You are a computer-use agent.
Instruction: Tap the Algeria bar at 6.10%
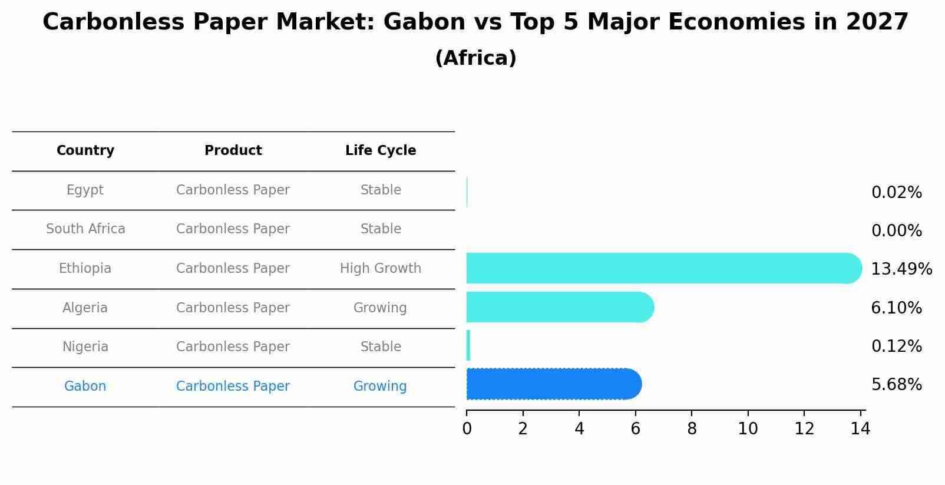click(560, 307)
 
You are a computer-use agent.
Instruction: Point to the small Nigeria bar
click(468, 345)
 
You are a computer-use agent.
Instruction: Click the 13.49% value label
click(901, 269)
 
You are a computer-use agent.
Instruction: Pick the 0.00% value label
click(896, 231)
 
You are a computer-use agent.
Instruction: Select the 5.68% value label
click(896, 385)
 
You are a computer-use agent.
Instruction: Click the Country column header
click(85, 151)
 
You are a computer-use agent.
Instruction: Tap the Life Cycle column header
click(381, 151)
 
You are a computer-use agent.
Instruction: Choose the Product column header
click(233, 151)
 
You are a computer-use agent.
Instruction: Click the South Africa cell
click(85, 229)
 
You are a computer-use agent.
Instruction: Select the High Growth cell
click(381, 269)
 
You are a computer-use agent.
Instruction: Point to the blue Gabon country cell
click(85, 387)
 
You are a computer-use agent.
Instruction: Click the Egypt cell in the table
click(85, 190)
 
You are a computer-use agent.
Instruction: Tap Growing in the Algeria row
click(380, 308)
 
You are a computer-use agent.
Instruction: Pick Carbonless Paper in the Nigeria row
click(233, 347)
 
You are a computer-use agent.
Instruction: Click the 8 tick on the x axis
click(692, 429)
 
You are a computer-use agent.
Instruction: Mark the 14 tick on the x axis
click(860, 429)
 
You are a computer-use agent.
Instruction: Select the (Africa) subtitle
click(475, 58)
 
